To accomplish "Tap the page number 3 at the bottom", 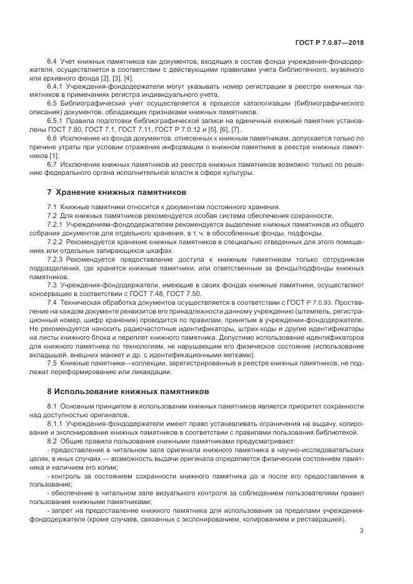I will pyautogui.click(x=362, y=532).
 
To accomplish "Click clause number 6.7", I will pyautogui.click(x=52, y=164).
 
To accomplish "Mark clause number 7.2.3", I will pyautogui.click(x=56, y=258).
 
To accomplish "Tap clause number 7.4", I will pyautogui.click(x=52, y=302).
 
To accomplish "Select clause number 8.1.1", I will pyautogui.click(x=56, y=423).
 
